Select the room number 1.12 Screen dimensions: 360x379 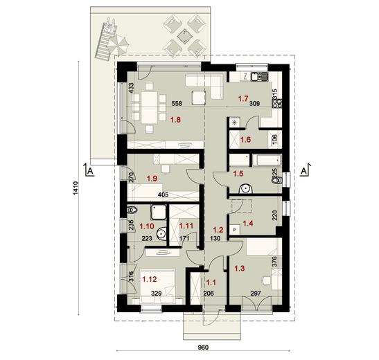coord(150,279)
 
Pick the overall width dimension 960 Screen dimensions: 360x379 coord(203,348)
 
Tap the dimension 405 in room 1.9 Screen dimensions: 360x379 coord(164,195)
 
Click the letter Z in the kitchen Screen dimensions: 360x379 coord(246,77)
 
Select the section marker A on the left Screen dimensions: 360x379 coord(86,168)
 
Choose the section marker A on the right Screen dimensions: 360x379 coord(303,168)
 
